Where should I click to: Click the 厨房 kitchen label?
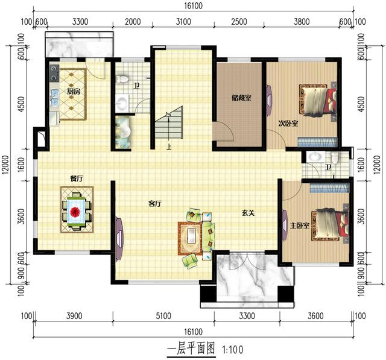pyautogui.click(x=74, y=92)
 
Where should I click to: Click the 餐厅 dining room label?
pyautogui.click(x=76, y=178)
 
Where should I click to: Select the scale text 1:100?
pyautogui.click(x=233, y=349)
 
